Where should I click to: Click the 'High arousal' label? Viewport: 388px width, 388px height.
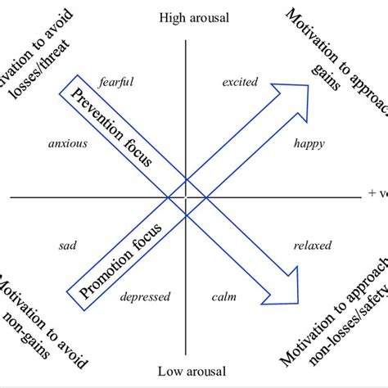[194, 17]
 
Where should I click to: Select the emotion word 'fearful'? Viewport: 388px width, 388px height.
[115, 82]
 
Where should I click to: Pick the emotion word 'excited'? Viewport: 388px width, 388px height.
[240, 82]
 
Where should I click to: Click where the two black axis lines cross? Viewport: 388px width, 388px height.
[187, 197]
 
